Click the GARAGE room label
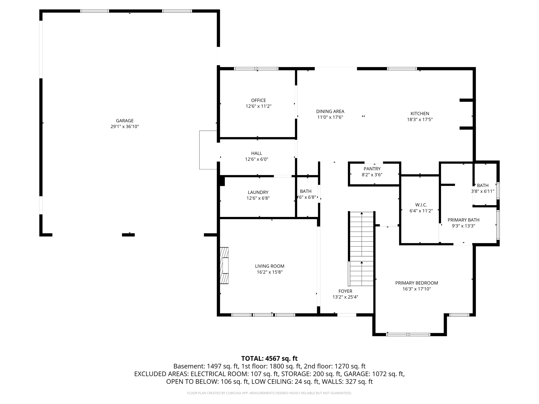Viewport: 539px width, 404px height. [x=124, y=121]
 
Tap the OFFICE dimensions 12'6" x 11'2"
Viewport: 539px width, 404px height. [x=258, y=106]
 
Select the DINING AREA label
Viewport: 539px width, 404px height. [x=330, y=112]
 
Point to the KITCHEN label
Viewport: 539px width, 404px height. [x=420, y=114]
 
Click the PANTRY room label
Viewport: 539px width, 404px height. [x=372, y=169]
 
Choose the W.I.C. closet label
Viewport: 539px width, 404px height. [x=421, y=205]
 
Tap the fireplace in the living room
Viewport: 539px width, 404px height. [x=224, y=265]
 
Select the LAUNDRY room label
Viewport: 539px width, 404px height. [x=258, y=193]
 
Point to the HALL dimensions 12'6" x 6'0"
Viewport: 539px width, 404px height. [x=257, y=159]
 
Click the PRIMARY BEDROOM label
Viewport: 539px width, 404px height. [x=416, y=283]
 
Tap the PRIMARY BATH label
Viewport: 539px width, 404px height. [x=463, y=220]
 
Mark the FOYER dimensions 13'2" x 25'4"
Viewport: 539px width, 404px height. [x=345, y=297]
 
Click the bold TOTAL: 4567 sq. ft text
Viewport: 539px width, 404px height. [x=269, y=358]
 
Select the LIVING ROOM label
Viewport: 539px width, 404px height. [x=269, y=266]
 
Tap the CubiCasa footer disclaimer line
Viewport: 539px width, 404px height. [x=269, y=393]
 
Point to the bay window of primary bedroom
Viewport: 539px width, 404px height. [x=408, y=335]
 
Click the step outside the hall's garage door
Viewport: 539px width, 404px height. [x=208, y=150]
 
